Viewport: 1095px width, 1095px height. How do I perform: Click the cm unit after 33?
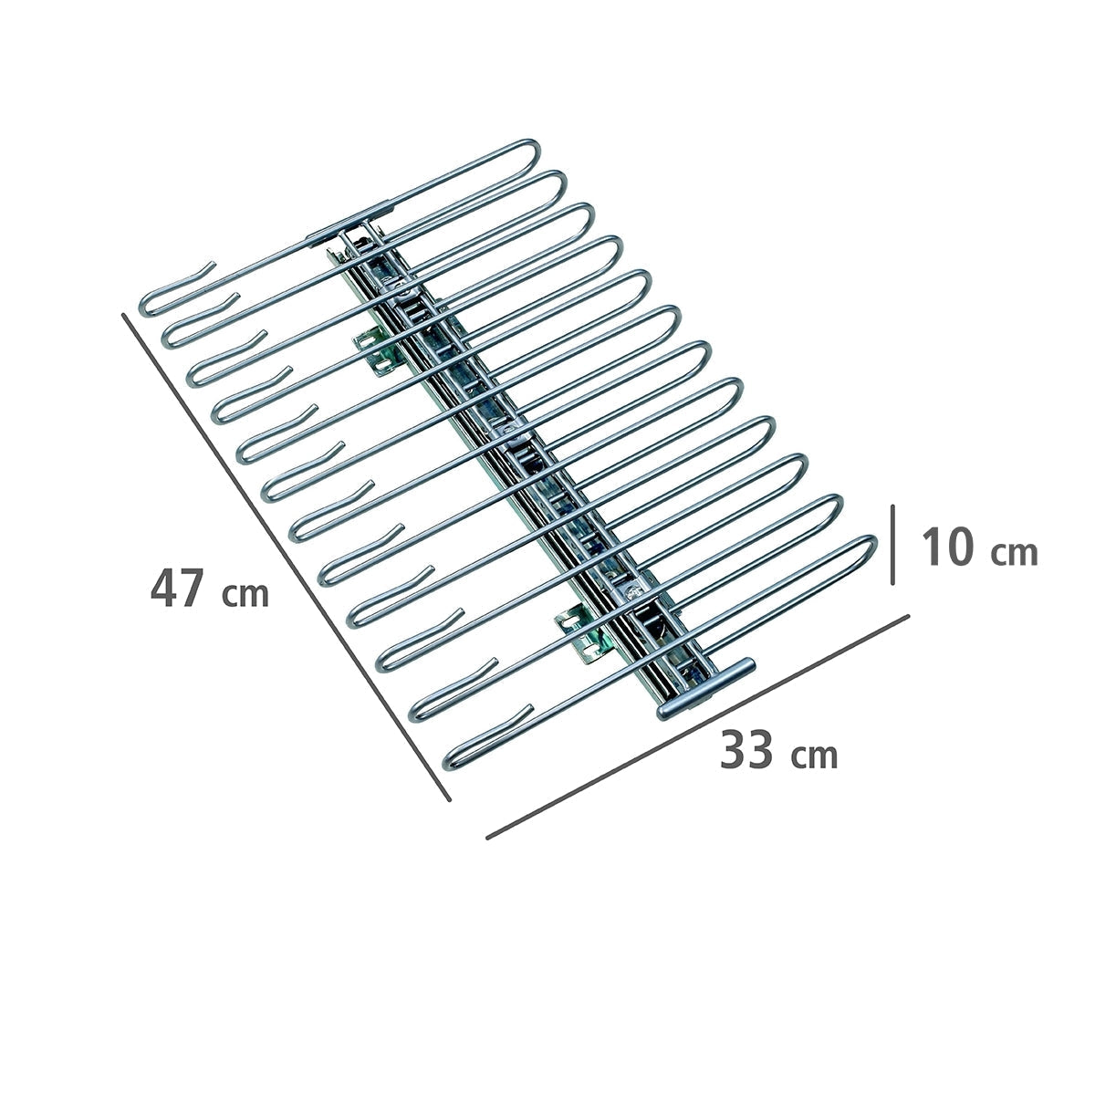[x=814, y=756]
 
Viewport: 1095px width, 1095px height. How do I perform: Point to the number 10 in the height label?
[x=949, y=547]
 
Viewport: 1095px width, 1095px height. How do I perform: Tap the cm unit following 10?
[x=1015, y=553]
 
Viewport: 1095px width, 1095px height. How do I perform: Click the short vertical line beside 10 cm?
[x=892, y=545]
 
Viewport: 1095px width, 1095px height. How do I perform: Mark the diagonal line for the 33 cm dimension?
[x=698, y=725]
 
